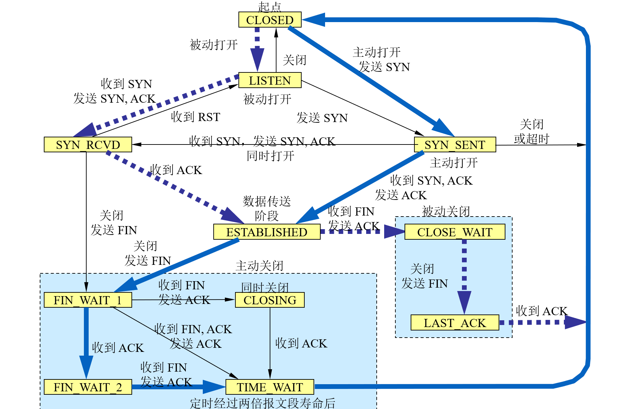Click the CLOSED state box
click(x=270, y=20)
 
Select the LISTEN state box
click(x=270, y=80)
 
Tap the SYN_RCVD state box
click(x=88, y=144)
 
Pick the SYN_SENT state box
click(x=455, y=144)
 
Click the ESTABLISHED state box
click(x=267, y=232)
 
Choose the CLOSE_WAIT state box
click(x=454, y=232)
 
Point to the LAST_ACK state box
click(x=454, y=323)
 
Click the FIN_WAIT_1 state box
click(x=88, y=300)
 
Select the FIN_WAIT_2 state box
click(x=88, y=387)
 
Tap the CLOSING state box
click(x=270, y=300)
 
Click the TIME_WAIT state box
click(x=270, y=387)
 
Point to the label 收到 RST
click(x=196, y=117)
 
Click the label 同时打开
click(x=270, y=156)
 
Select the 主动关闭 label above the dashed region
click(x=260, y=266)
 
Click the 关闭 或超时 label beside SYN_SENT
click(x=532, y=132)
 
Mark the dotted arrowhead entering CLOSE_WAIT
click(x=394, y=232)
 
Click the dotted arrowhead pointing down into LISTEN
click(x=257, y=59)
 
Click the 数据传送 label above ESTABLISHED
click(x=267, y=201)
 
